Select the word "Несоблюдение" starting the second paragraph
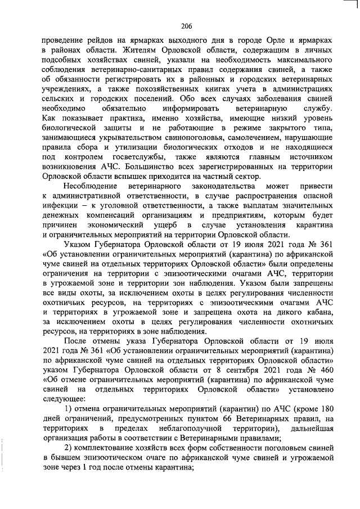90,185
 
